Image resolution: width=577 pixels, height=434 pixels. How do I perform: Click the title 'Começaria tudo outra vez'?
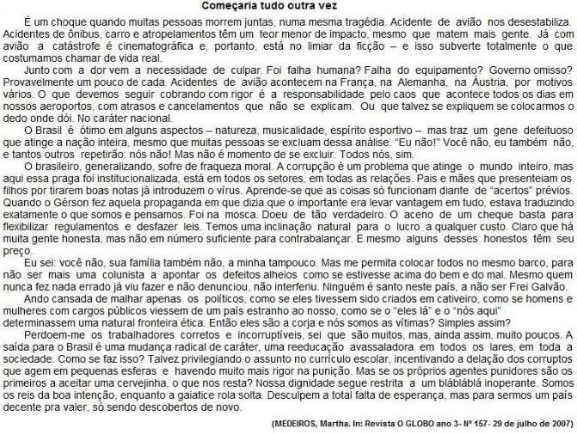288,6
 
